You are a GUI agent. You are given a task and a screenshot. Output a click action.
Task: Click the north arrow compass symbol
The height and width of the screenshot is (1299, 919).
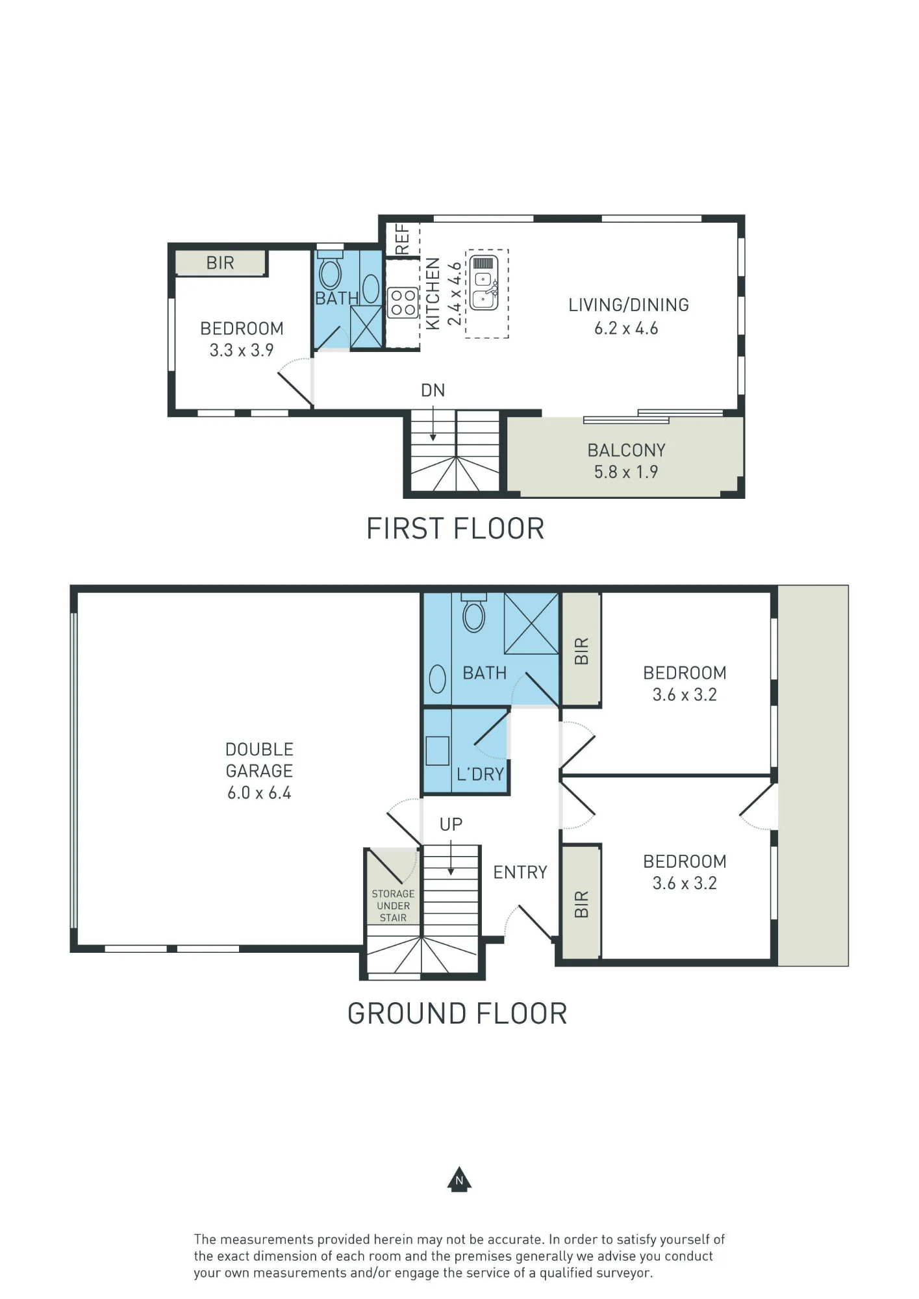point(459,1179)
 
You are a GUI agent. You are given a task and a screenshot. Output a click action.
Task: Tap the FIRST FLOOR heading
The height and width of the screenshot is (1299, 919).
point(455,529)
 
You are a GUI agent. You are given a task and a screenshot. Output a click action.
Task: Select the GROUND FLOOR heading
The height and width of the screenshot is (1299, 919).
point(457,1014)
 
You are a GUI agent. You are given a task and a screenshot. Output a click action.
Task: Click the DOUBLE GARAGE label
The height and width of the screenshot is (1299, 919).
point(259,760)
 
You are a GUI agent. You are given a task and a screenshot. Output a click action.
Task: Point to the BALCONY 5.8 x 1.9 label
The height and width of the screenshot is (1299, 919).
point(627,461)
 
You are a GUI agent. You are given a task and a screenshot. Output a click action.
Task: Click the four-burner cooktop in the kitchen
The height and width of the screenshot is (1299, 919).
point(403,303)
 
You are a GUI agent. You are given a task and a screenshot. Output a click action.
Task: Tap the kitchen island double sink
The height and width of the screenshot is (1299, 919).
point(484,283)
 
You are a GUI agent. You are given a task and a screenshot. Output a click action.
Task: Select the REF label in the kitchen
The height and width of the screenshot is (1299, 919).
point(403,239)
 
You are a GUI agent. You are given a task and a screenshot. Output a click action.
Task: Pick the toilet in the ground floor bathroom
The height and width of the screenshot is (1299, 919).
point(473,612)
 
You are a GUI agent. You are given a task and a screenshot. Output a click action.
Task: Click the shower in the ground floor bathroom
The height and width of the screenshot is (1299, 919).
point(531,624)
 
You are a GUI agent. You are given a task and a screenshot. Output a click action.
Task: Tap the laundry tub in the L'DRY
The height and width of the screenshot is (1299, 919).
point(438,751)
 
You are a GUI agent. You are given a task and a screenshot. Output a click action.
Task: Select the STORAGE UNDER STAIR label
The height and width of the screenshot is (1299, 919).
point(393,905)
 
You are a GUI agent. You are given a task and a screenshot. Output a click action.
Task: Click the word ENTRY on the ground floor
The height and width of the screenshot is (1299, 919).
point(520,872)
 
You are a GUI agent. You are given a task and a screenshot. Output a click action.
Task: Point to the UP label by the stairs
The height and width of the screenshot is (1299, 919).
point(451,824)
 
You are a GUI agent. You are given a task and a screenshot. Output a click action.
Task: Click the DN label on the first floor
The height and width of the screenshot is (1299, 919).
point(433,390)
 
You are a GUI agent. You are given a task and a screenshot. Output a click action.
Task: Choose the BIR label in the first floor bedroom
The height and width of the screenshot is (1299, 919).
point(220,263)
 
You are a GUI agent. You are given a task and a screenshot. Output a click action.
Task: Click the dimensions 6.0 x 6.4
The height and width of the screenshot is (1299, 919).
point(259,793)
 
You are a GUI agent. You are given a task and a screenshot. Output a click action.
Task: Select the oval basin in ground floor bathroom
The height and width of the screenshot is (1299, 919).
point(438,679)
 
